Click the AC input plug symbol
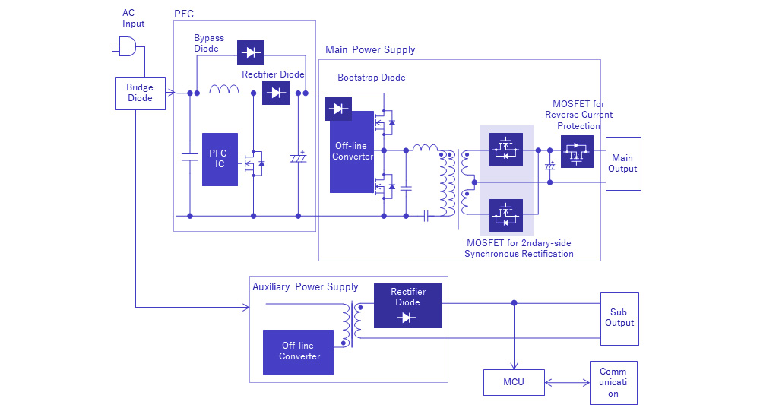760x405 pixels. (127, 47)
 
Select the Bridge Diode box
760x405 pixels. (140, 93)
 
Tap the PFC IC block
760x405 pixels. (220, 159)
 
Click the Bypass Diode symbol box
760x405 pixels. (250, 52)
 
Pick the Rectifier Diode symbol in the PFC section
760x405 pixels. (275, 93)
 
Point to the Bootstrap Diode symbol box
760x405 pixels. (338, 109)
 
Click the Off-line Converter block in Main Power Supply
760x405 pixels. (352, 151)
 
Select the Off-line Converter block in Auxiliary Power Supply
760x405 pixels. (298, 352)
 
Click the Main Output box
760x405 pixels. (622, 163)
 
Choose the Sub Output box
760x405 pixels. (619, 318)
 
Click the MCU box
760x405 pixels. (514, 381)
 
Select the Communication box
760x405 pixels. (613, 382)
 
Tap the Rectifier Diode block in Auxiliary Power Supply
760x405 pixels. (408, 305)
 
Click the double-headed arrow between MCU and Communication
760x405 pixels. (567, 381)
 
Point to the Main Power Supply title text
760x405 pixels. (370, 50)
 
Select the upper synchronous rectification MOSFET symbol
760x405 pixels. (505, 150)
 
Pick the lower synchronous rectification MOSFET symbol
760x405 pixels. (505, 216)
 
